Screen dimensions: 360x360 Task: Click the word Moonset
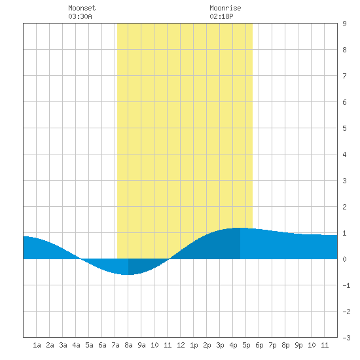pyautogui.click(x=82, y=8)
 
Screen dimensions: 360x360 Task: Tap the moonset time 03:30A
pyautogui.click(x=80, y=16)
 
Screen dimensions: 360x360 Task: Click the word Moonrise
pyautogui.click(x=225, y=8)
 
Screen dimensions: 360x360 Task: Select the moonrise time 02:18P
pyautogui.click(x=221, y=16)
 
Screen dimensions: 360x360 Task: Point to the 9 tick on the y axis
pyautogui.click(x=344, y=24)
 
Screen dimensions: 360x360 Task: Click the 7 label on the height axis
pyautogui.click(x=344, y=76)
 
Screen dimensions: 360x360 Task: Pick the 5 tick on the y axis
pyautogui.click(x=344, y=128)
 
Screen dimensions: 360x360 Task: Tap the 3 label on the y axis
pyautogui.click(x=344, y=181)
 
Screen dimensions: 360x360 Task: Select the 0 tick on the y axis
pyautogui.click(x=344, y=259)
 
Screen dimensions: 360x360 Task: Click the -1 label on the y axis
pyautogui.click(x=346, y=285)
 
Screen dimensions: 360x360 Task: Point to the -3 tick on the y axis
pyautogui.click(x=346, y=338)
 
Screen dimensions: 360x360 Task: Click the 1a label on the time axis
pyautogui.click(x=37, y=345)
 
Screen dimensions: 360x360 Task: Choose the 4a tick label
pyautogui.click(x=76, y=345)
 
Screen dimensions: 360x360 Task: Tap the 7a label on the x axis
pyautogui.click(x=115, y=345)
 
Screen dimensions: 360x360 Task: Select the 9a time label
pyautogui.click(x=141, y=345)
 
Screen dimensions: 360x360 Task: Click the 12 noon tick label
pyautogui.click(x=181, y=345)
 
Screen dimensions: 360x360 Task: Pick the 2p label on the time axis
pyautogui.click(x=207, y=345)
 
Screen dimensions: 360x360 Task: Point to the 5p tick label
pyautogui.click(x=246, y=345)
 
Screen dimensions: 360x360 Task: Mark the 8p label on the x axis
pyautogui.click(x=285, y=345)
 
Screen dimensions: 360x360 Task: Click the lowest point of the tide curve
pyautogui.click(x=128, y=275)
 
